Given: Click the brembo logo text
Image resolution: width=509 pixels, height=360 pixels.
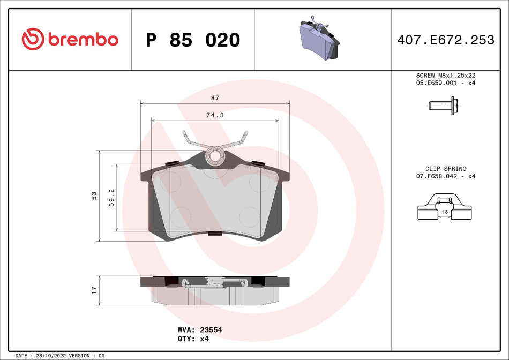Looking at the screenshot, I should tap(83, 39).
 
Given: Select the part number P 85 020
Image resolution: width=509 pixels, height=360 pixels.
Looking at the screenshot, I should tap(193, 40).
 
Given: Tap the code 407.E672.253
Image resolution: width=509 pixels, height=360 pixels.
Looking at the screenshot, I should tap(446, 40).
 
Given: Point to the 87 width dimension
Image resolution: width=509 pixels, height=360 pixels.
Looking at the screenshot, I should tap(214, 98).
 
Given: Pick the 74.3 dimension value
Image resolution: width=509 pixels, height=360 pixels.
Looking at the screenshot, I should tap(214, 115).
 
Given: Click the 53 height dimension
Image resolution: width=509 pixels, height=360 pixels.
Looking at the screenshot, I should tap(94, 196).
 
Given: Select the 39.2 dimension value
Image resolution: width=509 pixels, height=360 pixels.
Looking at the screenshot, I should tap(111, 197).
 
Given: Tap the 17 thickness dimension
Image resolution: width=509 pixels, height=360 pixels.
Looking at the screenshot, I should tap(94, 290).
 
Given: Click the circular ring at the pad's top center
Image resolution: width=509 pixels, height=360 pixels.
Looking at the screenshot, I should tap(215, 156).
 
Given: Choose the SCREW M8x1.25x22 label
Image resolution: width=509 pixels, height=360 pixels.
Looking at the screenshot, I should tap(446, 76).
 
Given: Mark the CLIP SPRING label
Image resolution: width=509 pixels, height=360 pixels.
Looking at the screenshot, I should tap(446, 168).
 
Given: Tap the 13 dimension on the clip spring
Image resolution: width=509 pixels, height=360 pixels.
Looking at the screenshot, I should tap(444, 212).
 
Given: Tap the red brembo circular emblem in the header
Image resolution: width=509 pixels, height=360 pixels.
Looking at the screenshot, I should tap(33, 39).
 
